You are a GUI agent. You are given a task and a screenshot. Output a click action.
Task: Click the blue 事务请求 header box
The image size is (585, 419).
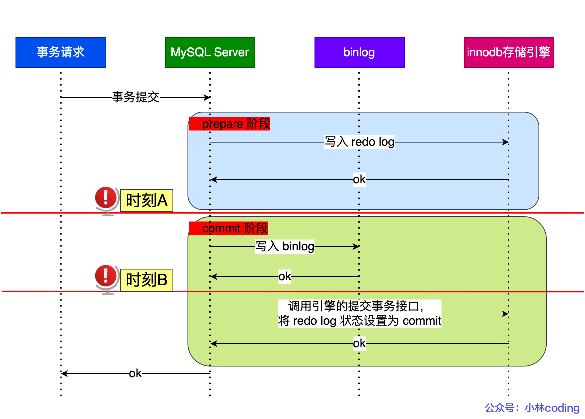(x=61, y=52)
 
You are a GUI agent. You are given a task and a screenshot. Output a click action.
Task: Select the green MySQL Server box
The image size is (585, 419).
(x=210, y=52)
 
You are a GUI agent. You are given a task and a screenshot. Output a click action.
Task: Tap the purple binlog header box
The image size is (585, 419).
(x=359, y=52)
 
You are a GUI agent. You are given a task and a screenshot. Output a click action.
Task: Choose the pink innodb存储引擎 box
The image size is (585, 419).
(x=508, y=52)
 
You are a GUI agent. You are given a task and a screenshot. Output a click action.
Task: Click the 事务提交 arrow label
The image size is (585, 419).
(x=135, y=97)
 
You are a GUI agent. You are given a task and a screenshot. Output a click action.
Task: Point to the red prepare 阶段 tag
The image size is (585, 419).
(x=230, y=124)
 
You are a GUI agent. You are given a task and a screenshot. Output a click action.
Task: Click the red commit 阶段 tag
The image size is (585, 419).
(x=229, y=228)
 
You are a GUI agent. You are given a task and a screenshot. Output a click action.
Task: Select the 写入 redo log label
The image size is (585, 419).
(x=359, y=142)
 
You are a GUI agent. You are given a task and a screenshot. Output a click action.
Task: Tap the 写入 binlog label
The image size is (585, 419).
(x=285, y=246)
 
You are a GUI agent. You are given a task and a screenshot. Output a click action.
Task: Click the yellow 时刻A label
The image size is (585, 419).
(x=146, y=201)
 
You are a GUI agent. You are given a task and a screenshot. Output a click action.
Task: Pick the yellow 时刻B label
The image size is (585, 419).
(x=146, y=280)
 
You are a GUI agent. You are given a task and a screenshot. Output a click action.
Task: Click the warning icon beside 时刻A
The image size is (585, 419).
(x=105, y=200)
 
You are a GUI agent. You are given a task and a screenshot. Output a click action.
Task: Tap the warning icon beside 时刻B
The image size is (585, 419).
(x=105, y=278)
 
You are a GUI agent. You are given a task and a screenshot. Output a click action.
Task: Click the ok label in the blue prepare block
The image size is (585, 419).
(x=359, y=179)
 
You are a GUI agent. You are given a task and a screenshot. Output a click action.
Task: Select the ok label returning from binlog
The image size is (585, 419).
(x=284, y=276)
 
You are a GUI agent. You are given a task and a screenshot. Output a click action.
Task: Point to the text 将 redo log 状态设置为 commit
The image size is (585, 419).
(x=359, y=321)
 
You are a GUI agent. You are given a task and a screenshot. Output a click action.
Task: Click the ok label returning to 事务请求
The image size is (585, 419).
(x=135, y=373)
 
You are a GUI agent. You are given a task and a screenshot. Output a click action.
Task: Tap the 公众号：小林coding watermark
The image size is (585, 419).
(x=532, y=408)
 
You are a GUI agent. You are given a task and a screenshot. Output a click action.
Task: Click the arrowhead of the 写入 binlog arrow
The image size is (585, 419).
(x=356, y=246)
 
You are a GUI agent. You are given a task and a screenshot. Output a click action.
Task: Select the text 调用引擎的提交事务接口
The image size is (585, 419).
(x=357, y=306)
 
